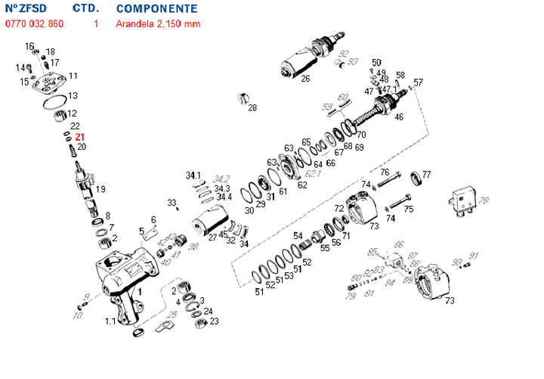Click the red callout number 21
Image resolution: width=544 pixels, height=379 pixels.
click(x=79, y=137)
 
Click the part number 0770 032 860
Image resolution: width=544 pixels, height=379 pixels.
click(x=35, y=23)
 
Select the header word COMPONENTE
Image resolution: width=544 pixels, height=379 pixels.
click(x=157, y=9)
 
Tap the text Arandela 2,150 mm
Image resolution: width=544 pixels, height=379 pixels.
click(x=158, y=23)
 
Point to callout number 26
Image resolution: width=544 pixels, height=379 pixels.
click(x=305, y=79)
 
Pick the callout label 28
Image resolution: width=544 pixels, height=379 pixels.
click(x=252, y=107)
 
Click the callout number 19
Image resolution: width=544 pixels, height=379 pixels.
click(x=100, y=188)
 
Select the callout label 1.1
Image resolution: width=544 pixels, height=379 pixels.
click(x=110, y=322)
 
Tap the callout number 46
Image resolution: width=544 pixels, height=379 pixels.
click(x=399, y=117)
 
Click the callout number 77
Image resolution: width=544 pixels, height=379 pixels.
click(x=427, y=175)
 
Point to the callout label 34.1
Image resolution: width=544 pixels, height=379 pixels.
click(x=194, y=176)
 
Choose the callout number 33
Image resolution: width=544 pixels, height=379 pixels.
click(x=172, y=202)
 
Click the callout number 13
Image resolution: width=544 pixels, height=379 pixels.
click(x=73, y=96)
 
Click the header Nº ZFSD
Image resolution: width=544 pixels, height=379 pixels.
click(x=26, y=9)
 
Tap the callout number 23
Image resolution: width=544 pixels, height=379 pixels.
click(x=214, y=322)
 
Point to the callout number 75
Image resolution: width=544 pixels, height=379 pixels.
click(x=409, y=209)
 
